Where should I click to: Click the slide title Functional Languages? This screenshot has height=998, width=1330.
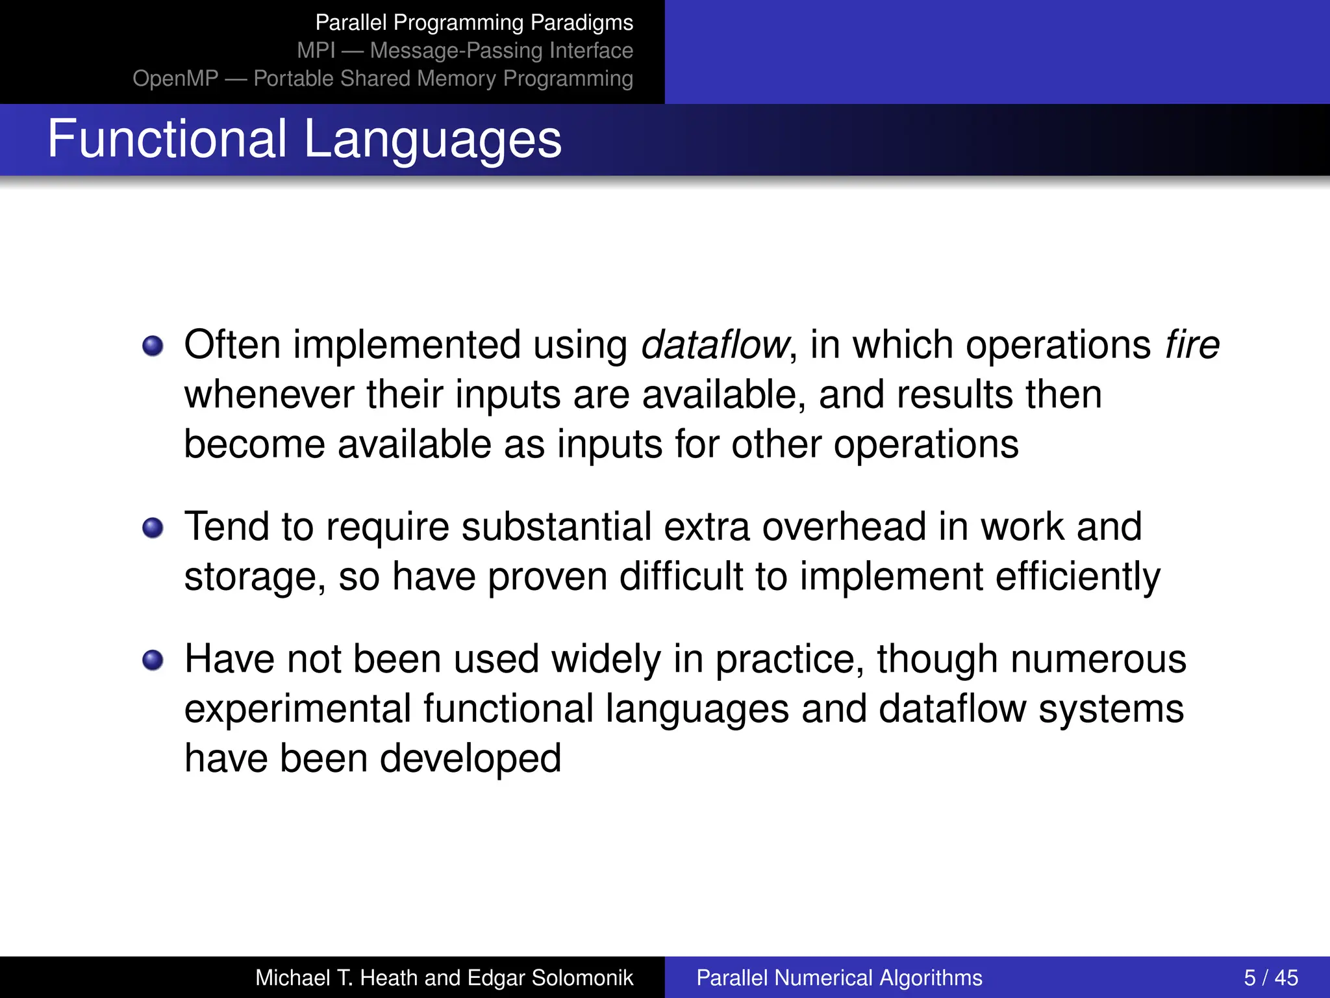click(304, 139)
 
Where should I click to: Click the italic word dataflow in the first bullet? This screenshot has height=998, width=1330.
click(715, 344)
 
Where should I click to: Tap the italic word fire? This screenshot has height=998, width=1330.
click(1192, 344)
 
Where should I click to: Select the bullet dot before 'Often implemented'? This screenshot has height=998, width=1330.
click(153, 346)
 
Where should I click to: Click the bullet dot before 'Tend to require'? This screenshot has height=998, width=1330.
click(153, 528)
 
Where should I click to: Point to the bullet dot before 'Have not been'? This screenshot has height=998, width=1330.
click(153, 660)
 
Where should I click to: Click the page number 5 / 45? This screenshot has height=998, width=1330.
click(1270, 977)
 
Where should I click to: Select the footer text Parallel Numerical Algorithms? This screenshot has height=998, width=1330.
click(839, 977)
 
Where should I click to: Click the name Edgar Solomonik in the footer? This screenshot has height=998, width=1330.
click(550, 977)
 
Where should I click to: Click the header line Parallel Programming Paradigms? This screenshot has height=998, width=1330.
click(474, 23)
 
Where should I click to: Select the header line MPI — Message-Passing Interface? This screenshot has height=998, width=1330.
click(465, 51)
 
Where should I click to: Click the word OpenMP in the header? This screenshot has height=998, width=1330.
click(175, 79)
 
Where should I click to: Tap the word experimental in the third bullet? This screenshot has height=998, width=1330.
click(297, 709)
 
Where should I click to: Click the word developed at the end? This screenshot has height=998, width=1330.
click(470, 758)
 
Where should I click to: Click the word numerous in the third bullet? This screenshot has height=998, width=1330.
click(1098, 659)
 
